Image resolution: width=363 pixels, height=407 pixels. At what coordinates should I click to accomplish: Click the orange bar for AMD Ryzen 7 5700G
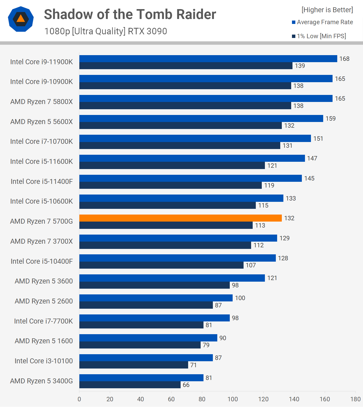[x=180, y=218]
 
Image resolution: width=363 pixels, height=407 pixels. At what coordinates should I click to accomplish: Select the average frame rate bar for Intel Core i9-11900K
[x=208, y=59]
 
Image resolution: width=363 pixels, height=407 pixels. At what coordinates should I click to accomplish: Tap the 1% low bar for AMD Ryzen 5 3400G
[x=130, y=385]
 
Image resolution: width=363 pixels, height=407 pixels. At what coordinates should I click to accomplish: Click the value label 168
[x=344, y=59]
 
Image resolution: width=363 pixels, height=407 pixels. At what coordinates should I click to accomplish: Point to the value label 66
[x=186, y=385]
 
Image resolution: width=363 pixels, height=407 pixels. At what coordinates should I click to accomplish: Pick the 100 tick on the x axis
[x=233, y=399]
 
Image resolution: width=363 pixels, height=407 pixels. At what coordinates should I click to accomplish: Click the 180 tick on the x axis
[x=355, y=399]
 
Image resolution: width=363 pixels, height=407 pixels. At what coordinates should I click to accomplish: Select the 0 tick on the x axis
[x=79, y=399]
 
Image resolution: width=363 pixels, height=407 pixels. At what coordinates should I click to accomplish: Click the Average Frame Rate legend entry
[x=322, y=22]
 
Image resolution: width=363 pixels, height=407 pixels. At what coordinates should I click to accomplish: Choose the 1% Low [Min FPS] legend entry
[x=319, y=36]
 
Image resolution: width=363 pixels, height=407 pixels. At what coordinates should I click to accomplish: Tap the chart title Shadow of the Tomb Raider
[x=130, y=14]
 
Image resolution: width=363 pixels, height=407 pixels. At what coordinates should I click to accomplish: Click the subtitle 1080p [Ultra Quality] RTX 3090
[x=106, y=31]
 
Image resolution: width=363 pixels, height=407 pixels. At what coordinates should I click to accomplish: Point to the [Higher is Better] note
[x=327, y=10]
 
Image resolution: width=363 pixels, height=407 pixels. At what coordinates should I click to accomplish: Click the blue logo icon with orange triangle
[x=21, y=19]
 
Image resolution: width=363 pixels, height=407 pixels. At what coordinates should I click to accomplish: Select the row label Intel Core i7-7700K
[x=43, y=321]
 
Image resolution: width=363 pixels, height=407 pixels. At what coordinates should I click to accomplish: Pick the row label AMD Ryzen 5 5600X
[x=41, y=122]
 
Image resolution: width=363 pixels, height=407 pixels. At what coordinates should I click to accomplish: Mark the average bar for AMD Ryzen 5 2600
[x=156, y=298]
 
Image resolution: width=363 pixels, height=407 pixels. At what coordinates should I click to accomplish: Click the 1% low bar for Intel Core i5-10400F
[x=161, y=265]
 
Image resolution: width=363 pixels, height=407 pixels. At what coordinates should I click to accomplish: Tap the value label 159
[x=330, y=119]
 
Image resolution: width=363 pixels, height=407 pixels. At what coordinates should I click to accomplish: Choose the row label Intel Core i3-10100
[x=43, y=361]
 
